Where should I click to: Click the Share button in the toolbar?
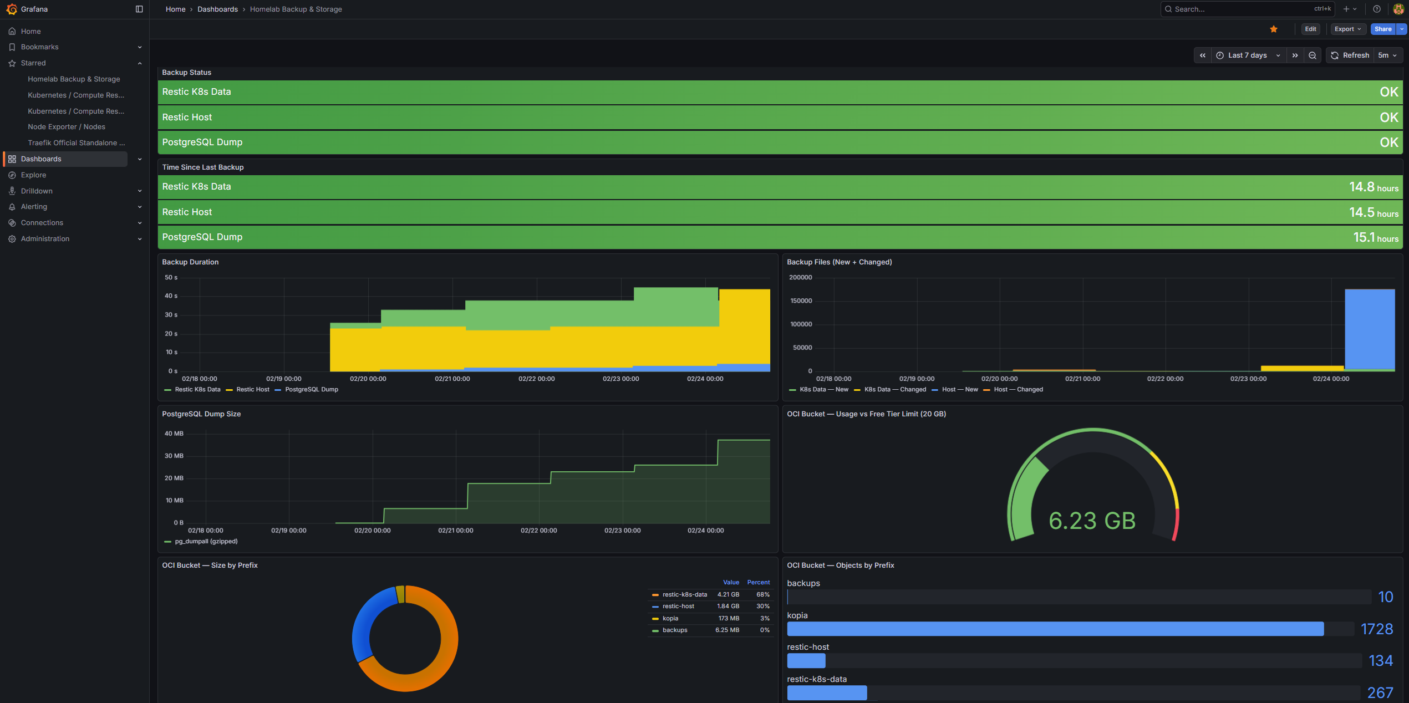tap(1382, 29)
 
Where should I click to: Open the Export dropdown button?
tap(1347, 29)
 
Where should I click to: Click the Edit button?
tap(1310, 29)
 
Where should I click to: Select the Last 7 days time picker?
tap(1247, 55)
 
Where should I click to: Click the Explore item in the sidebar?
tap(33, 175)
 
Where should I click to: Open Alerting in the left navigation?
tap(34, 206)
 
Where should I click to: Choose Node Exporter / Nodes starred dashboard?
tap(67, 127)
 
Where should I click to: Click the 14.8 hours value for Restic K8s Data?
tap(1373, 187)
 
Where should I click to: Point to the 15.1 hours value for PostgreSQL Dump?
tap(1375, 238)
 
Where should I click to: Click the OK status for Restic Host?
tap(1388, 118)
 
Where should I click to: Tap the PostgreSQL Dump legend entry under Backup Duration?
tap(311, 389)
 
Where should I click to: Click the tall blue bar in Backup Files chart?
tap(1369, 328)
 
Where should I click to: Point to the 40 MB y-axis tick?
tap(174, 434)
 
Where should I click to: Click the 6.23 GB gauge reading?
tap(1092, 521)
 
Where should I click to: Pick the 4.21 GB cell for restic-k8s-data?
tap(728, 594)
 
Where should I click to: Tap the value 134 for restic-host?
tap(1380, 661)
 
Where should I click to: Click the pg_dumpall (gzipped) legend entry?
tap(206, 541)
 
